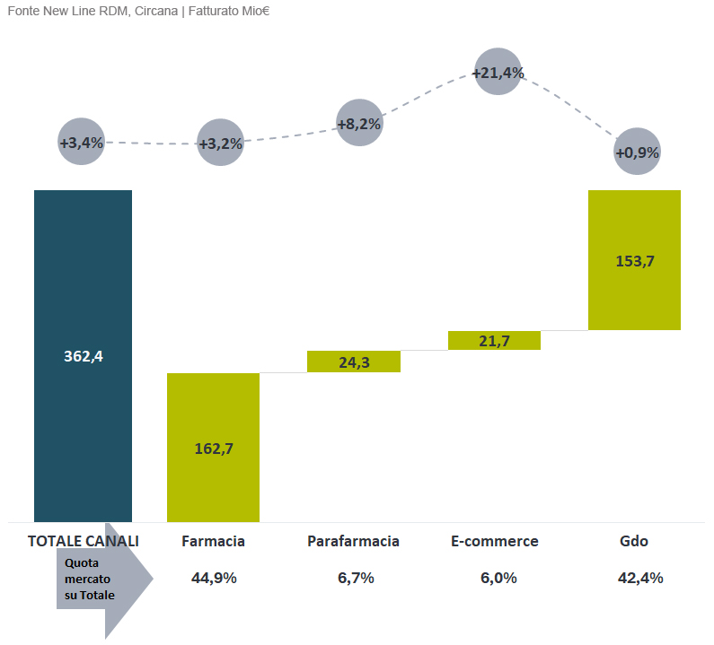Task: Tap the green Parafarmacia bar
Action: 353,362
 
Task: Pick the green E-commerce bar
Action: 493,340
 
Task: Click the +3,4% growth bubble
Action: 82,143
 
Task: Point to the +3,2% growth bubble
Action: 220,144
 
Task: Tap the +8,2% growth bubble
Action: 359,124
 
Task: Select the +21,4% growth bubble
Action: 498,72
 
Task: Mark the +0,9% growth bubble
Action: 637,152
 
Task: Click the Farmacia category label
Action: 213,541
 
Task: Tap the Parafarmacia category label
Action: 353,541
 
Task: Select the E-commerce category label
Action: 494,541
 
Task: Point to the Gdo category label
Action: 633,541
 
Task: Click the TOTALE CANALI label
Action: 84,541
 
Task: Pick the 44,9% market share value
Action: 214,578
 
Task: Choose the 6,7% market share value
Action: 356,578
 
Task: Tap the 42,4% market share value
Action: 640,578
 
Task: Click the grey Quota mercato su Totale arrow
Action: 101,580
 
